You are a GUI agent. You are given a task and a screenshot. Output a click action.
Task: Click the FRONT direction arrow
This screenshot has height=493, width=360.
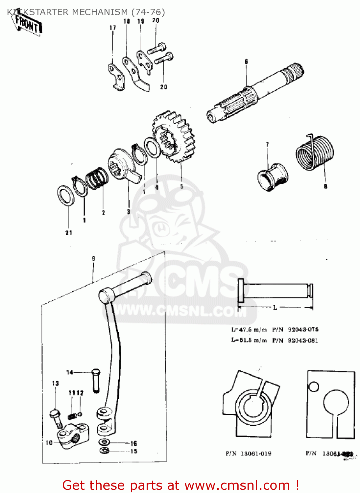[x=28, y=25]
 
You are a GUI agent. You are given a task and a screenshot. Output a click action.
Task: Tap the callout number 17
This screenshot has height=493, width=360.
[x=113, y=28]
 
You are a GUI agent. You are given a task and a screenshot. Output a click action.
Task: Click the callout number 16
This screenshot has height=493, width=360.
[x=133, y=443]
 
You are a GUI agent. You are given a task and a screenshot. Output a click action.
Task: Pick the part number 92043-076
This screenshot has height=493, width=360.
[x=303, y=329]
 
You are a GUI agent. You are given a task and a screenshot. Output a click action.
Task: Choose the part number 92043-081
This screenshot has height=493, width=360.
[x=303, y=340]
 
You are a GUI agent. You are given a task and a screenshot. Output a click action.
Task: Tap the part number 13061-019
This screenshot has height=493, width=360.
[x=256, y=454]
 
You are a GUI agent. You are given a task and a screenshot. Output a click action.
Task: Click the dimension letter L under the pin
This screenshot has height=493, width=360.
[x=275, y=308]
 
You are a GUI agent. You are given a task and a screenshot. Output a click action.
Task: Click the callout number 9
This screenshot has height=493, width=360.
[x=93, y=259]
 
